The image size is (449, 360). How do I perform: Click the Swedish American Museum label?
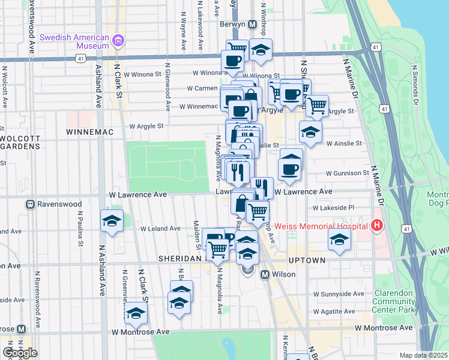click(74, 41)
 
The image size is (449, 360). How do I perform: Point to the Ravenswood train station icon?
click(29, 204)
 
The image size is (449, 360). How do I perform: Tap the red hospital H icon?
click(377, 226)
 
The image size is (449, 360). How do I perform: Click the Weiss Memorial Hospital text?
click(322, 226)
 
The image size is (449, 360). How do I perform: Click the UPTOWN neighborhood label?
click(306, 260)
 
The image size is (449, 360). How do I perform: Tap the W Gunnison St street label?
click(347, 173)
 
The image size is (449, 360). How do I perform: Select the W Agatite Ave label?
click(334, 311)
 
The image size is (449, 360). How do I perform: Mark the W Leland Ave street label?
click(160, 229)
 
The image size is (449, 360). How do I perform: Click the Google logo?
click(20, 353)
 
